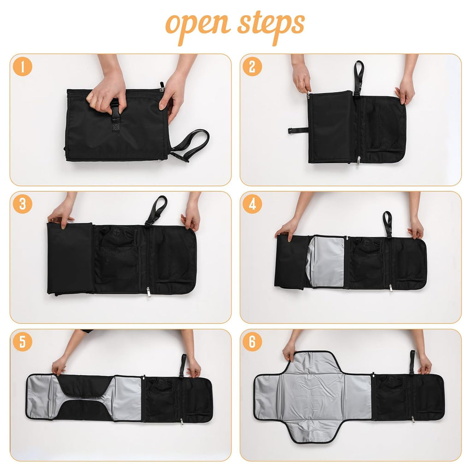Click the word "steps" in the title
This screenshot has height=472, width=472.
(x=271, y=24)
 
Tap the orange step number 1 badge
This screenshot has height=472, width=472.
(x=22, y=67)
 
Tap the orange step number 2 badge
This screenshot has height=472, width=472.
(x=252, y=67)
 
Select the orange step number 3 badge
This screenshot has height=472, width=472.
(x=22, y=204)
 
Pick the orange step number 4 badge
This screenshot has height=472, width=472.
(x=252, y=204)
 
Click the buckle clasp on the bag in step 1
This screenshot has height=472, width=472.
(x=115, y=111)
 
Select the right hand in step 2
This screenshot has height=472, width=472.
(x=406, y=90)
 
